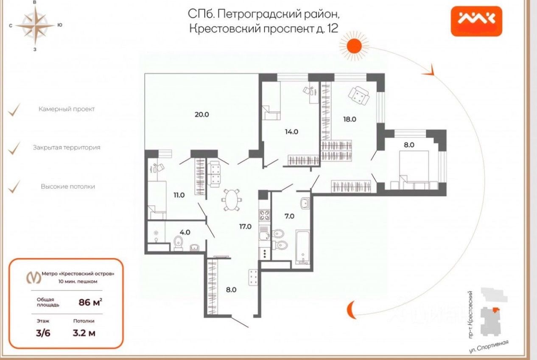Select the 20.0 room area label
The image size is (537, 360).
[201, 114]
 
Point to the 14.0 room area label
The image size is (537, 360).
[291, 131]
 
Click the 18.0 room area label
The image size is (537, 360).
[350, 119]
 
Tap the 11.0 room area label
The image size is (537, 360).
[179, 195]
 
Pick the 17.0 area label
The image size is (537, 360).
[245, 226]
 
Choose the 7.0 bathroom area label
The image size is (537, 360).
[289, 216]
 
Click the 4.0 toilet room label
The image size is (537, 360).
[185, 232]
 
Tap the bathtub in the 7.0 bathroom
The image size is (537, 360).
[303, 247]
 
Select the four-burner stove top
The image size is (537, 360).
[264, 215]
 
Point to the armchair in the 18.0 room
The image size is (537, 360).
[359, 96]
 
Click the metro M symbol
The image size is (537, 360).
[34, 278]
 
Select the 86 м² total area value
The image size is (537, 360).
[90, 302]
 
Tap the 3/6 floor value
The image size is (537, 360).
[43, 333]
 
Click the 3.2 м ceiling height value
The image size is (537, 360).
[84, 333]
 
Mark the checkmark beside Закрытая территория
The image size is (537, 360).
[14, 148]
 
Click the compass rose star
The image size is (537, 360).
[35, 25]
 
